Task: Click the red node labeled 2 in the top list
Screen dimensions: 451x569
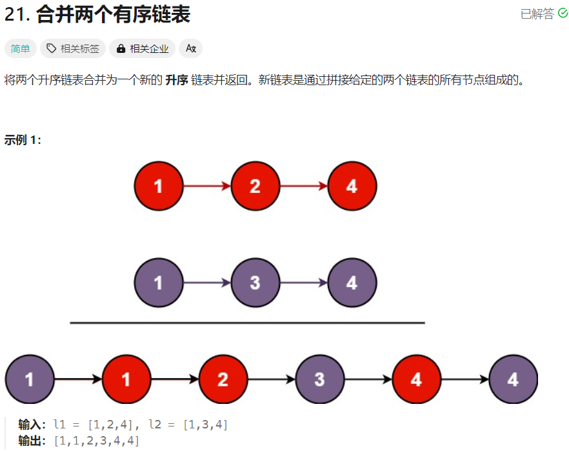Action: (255, 186)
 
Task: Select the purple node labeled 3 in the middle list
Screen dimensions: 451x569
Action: (255, 283)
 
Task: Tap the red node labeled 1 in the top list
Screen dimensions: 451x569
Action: (159, 186)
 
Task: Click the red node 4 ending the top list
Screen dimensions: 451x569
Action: (352, 186)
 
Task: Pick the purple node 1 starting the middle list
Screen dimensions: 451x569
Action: (159, 283)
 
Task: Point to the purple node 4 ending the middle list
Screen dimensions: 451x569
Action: (352, 283)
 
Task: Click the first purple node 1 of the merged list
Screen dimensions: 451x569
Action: (30, 379)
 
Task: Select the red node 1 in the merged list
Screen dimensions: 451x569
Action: (126, 379)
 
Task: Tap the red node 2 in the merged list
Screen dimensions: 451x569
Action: (223, 379)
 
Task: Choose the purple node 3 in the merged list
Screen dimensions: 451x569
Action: (319, 379)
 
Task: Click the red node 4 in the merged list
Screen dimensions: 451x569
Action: (416, 379)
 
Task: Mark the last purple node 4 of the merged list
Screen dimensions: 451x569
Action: (513, 379)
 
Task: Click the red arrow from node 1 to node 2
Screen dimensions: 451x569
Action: (206, 186)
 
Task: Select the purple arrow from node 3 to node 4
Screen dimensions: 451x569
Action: (303, 283)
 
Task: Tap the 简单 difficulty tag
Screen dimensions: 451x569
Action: (20, 48)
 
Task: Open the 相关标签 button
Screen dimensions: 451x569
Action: (73, 48)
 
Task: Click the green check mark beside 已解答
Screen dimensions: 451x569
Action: (563, 14)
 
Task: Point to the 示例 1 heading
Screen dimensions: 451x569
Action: (23, 139)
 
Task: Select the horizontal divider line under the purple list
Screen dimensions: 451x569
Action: (247, 323)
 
